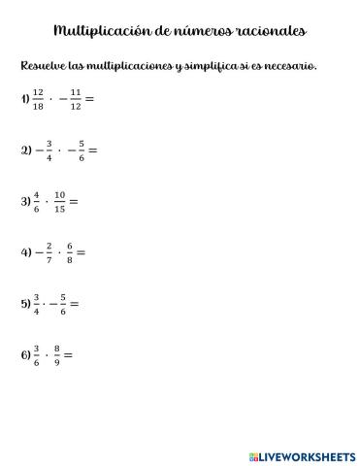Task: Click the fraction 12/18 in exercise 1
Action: [38, 100]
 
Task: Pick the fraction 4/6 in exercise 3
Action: [37, 202]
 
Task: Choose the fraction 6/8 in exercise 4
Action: [69, 252]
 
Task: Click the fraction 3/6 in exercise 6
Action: [37, 354]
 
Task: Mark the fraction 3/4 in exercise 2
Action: [47, 150]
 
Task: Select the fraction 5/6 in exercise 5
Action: [63, 304]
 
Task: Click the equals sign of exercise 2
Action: [93, 151]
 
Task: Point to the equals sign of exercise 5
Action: [75, 304]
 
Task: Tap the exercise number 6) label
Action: [25, 354]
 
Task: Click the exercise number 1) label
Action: [24, 100]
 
